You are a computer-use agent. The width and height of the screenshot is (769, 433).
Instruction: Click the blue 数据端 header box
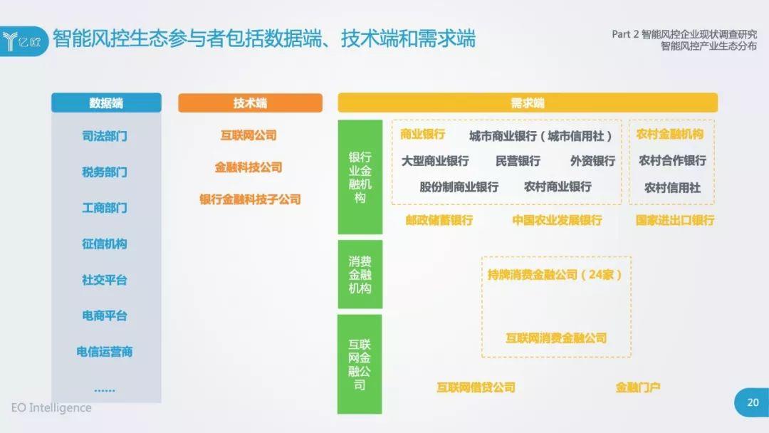pos(106,103)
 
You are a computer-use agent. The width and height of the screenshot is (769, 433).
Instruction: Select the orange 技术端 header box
pos(250,103)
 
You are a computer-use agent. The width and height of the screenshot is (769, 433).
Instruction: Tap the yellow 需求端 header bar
pos(528,103)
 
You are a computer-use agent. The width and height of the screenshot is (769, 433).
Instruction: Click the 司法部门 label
pos(105,136)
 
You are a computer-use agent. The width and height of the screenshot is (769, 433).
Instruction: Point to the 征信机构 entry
pos(105,244)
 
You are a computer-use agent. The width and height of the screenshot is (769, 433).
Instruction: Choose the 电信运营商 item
pos(105,352)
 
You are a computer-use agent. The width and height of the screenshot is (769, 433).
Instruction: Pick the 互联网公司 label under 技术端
pos(249,135)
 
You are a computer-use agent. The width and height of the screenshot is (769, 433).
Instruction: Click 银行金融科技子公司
pos(250,199)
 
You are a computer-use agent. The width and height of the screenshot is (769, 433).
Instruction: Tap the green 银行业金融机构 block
pos(360,177)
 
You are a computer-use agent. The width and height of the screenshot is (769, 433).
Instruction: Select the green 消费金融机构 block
pos(360,275)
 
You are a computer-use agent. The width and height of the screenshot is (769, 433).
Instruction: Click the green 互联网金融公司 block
pos(360,365)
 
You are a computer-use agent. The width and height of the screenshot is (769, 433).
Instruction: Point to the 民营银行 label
pos(518,161)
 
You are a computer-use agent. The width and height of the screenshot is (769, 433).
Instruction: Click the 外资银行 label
pos(592,161)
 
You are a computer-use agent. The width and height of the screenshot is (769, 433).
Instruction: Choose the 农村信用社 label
pos(672,188)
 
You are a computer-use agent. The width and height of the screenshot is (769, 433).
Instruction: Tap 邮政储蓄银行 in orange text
pos(439,220)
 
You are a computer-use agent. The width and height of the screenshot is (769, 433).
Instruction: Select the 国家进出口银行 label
pos(675,220)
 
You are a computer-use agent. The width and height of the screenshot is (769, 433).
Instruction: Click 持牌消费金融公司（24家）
pos(555,275)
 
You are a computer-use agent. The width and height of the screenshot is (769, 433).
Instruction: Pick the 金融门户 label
pos(637,387)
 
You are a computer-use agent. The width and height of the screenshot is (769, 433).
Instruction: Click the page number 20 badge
pos(753,402)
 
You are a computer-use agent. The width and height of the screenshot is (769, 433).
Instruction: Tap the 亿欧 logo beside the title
pos(23,42)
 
